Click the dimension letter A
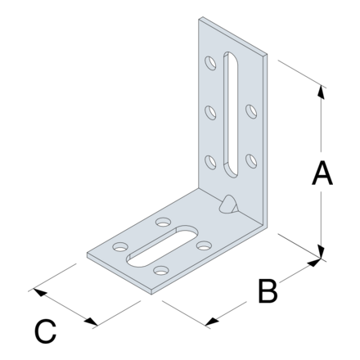pos(322,173)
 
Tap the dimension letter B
pos(268,290)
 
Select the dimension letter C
pos(45,331)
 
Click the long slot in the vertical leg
pos(231,115)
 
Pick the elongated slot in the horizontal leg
pos(162,246)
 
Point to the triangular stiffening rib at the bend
pos(228,205)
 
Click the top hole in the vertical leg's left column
pos(210,63)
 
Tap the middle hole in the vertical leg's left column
pos(210,113)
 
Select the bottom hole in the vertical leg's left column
pos(210,162)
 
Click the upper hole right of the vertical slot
pos(251,111)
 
